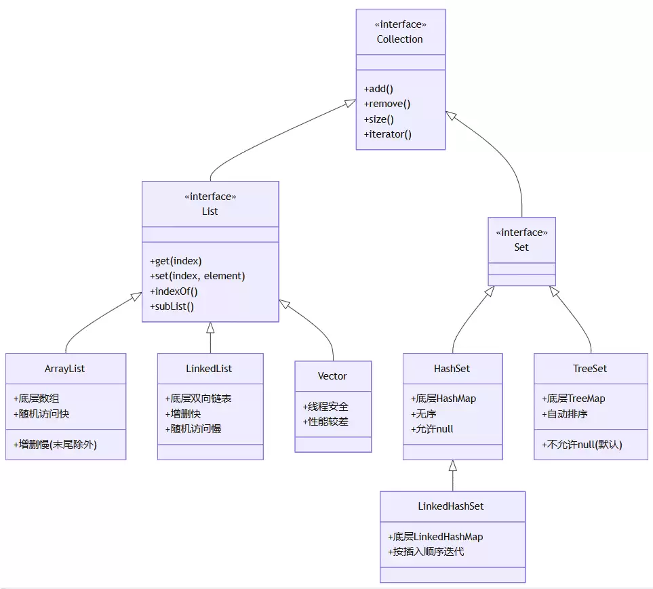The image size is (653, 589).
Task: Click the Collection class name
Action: point(400,39)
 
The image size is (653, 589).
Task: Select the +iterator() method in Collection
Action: point(388,134)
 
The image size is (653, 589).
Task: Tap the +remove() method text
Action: point(387,104)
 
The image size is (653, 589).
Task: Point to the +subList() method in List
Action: point(172,306)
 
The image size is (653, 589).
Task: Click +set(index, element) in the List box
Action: point(197,276)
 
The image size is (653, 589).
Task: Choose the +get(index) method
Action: point(176,261)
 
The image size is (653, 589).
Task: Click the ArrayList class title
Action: point(64,369)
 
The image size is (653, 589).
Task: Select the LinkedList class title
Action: point(209,369)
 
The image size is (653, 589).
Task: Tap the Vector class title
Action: point(332,376)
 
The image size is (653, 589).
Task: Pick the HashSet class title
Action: point(452,369)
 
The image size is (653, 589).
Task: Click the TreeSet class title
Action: point(590,369)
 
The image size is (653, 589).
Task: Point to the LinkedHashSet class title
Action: point(451,506)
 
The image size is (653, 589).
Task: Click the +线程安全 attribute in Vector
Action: point(325,406)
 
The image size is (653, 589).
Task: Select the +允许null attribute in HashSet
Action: point(432,429)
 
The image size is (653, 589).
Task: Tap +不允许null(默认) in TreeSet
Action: point(582,445)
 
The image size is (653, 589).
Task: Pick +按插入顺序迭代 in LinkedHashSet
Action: point(426,552)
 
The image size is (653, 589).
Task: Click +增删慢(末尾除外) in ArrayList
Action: point(55,445)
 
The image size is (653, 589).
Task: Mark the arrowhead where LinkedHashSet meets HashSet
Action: point(453,465)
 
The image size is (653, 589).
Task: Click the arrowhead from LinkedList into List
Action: point(210,327)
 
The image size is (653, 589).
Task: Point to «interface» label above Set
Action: point(522,232)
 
